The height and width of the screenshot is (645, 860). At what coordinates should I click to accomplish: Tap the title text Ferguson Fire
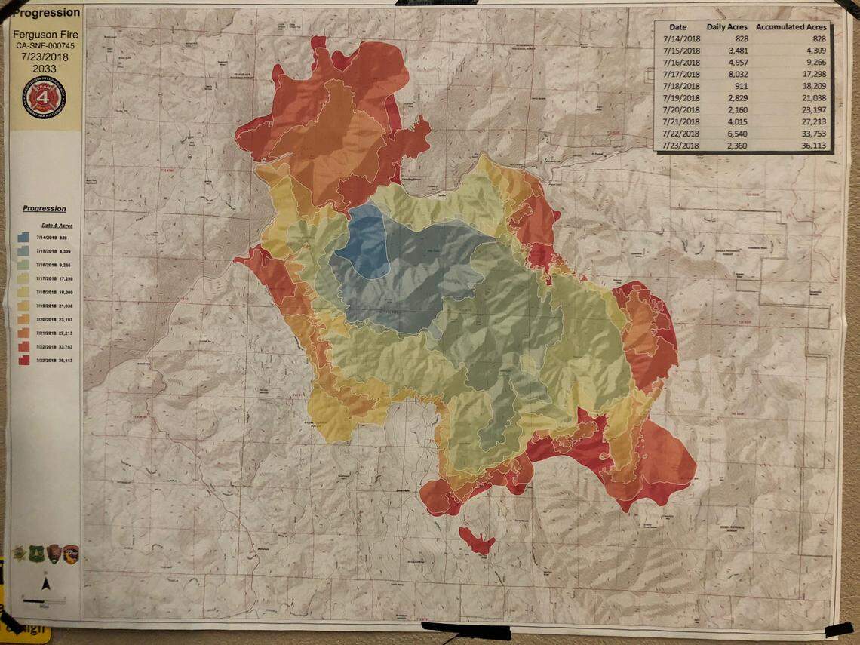pyautogui.click(x=45, y=35)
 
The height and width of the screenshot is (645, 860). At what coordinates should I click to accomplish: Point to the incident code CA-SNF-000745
pyautogui.click(x=45, y=45)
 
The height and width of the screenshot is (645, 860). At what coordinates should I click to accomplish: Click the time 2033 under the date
pyautogui.click(x=45, y=69)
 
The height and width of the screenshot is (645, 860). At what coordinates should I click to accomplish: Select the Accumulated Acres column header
pyautogui.click(x=791, y=26)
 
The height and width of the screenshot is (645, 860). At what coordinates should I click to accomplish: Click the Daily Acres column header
pyautogui.click(x=726, y=26)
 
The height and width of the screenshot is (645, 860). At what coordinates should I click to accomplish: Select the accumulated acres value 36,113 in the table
pyautogui.click(x=812, y=145)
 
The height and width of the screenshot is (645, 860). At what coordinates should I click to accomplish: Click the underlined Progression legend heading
pyautogui.click(x=45, y=209)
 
